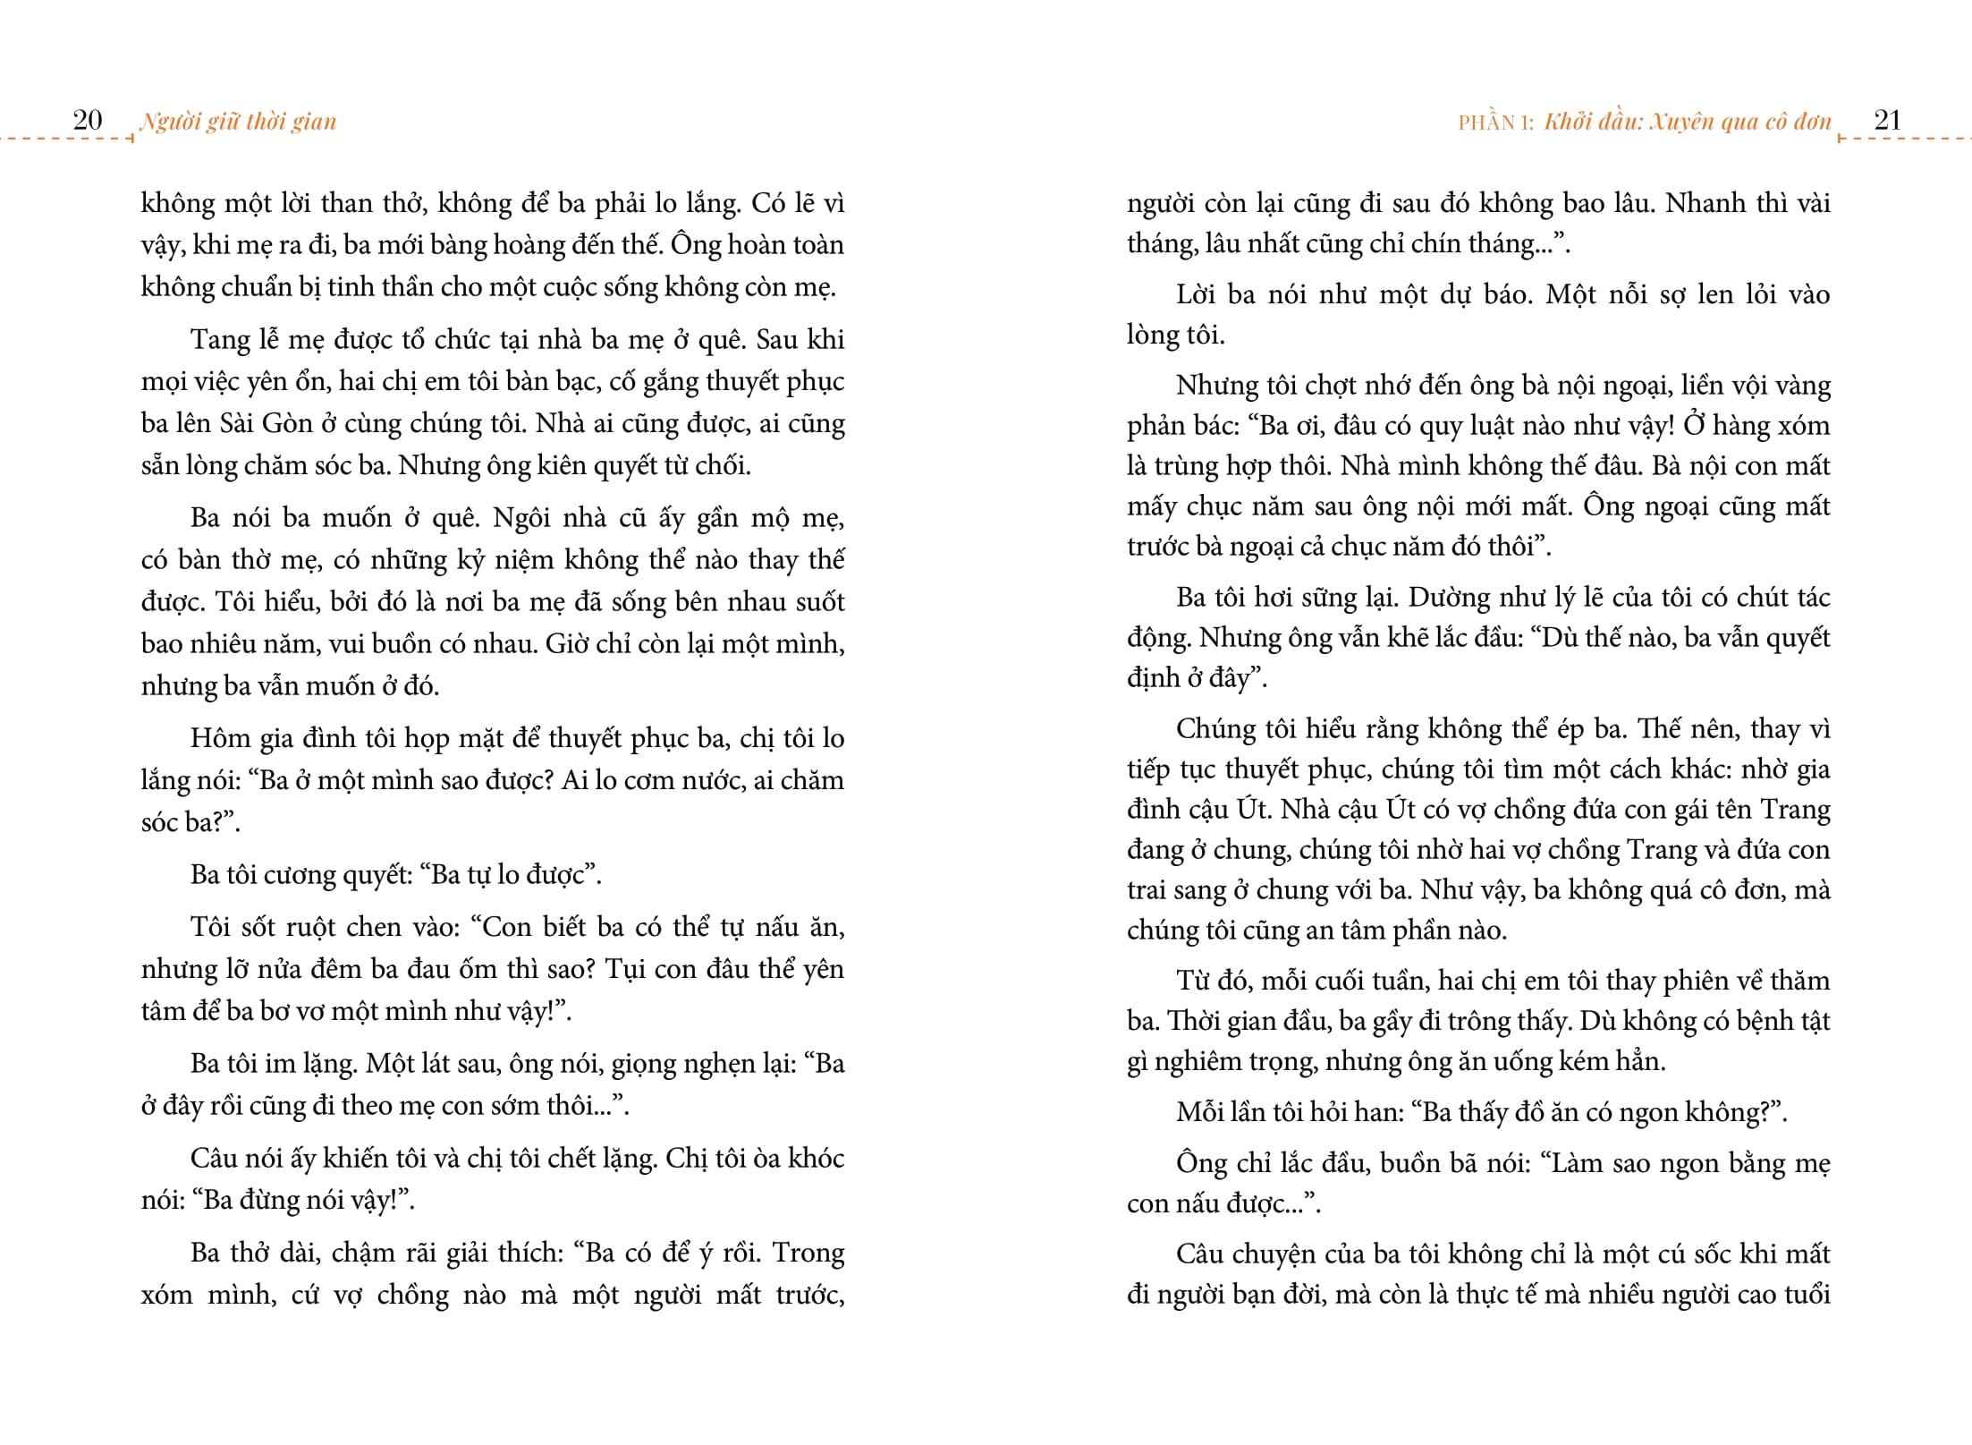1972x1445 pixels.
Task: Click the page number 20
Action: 87,120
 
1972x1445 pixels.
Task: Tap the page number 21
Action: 1886,120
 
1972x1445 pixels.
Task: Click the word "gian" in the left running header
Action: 313,122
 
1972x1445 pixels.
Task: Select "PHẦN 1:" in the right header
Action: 1495,123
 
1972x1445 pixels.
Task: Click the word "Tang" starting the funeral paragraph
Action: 217,341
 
